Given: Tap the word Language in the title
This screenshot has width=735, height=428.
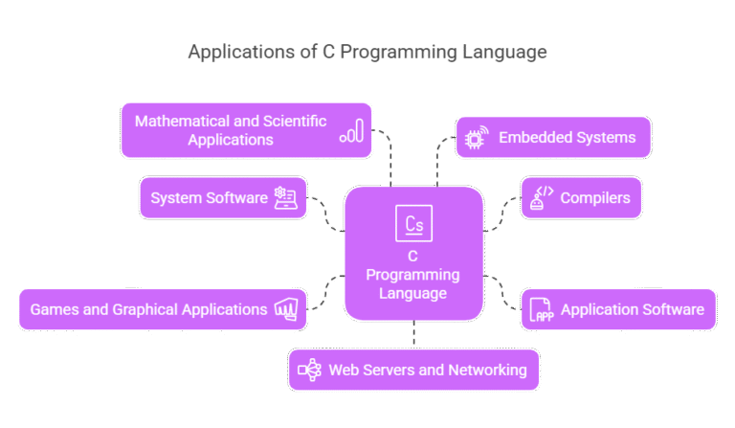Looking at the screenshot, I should point(503,52).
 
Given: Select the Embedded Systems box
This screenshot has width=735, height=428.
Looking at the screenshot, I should point(553,138).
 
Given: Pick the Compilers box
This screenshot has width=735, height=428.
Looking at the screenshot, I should point(580,198).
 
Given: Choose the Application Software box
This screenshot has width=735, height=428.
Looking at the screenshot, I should point(617,309).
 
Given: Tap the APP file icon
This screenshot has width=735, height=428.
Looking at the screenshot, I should point(543,310).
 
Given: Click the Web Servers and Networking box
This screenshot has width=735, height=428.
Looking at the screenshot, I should point(413,370).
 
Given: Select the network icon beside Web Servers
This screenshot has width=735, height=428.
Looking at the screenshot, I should point(310,370).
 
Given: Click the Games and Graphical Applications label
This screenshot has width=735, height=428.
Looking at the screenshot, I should point(148,309).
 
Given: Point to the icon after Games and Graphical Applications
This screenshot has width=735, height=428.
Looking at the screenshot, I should point(287,309).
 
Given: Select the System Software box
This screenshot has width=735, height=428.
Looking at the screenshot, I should point(222,198).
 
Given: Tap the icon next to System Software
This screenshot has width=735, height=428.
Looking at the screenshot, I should point(285,198).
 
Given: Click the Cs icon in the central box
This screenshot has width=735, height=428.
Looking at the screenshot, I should point(413,225).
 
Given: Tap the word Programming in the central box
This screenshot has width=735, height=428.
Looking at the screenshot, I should point(412,275).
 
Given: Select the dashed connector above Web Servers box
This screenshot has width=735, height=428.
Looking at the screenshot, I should point(413,334).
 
